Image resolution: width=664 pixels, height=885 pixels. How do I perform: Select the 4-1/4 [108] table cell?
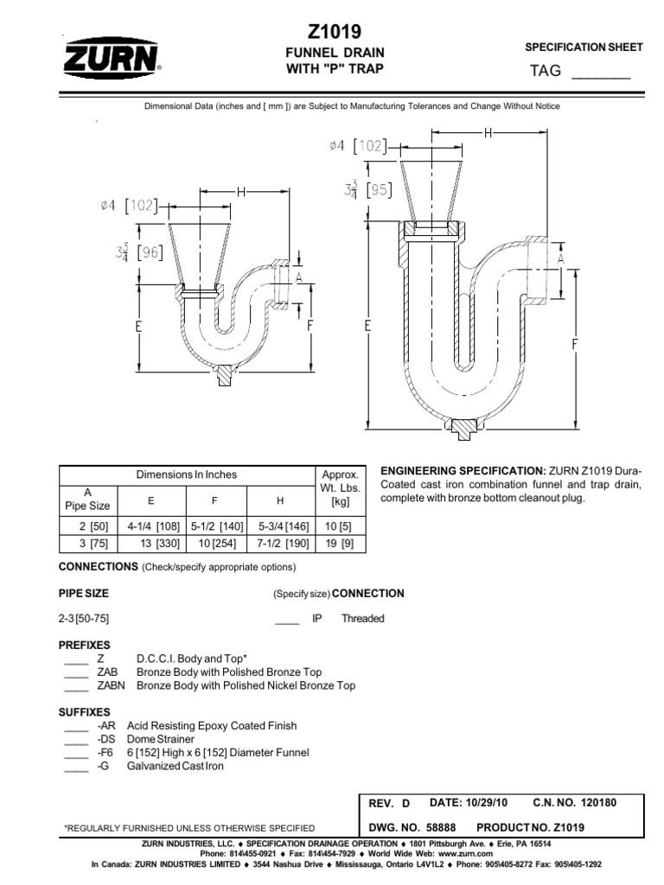point(152,525)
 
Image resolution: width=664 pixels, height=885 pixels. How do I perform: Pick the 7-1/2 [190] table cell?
point(280,544)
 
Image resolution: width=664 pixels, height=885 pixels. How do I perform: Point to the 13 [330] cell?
point(152,544)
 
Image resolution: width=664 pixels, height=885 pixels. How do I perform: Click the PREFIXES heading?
point(84,645)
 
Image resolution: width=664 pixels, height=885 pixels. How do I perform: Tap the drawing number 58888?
point(444,827)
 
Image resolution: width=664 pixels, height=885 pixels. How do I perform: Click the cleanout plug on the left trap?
point(227,375)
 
